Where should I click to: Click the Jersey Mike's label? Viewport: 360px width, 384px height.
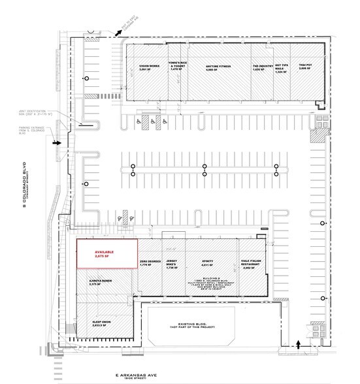(x=172, y=264)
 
